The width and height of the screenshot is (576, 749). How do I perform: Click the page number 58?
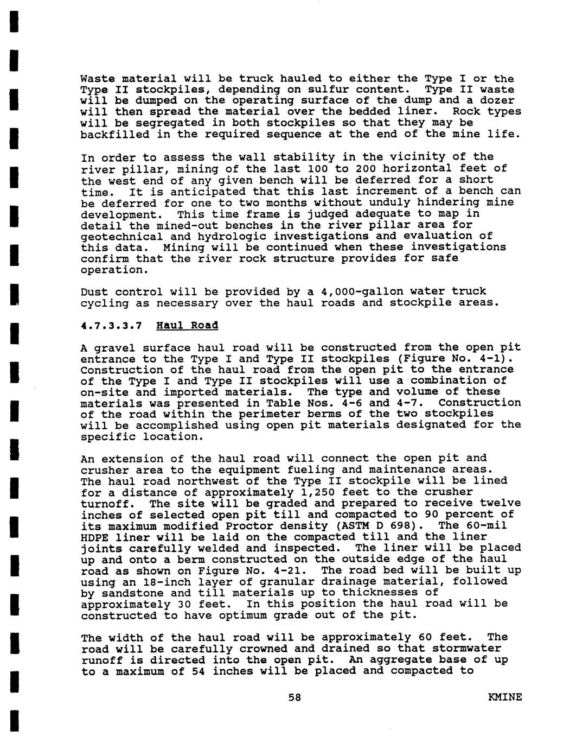(x=295, y=697)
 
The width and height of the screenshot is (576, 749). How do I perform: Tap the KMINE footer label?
(x=505, y=697)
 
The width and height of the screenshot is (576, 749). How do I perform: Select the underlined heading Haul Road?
(x=187, y=326)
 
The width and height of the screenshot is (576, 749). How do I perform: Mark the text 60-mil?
(x=487, y=525)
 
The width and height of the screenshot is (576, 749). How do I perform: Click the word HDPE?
(x=94, y=537)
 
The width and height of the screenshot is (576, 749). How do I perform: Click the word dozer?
(x=497, y=100)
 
